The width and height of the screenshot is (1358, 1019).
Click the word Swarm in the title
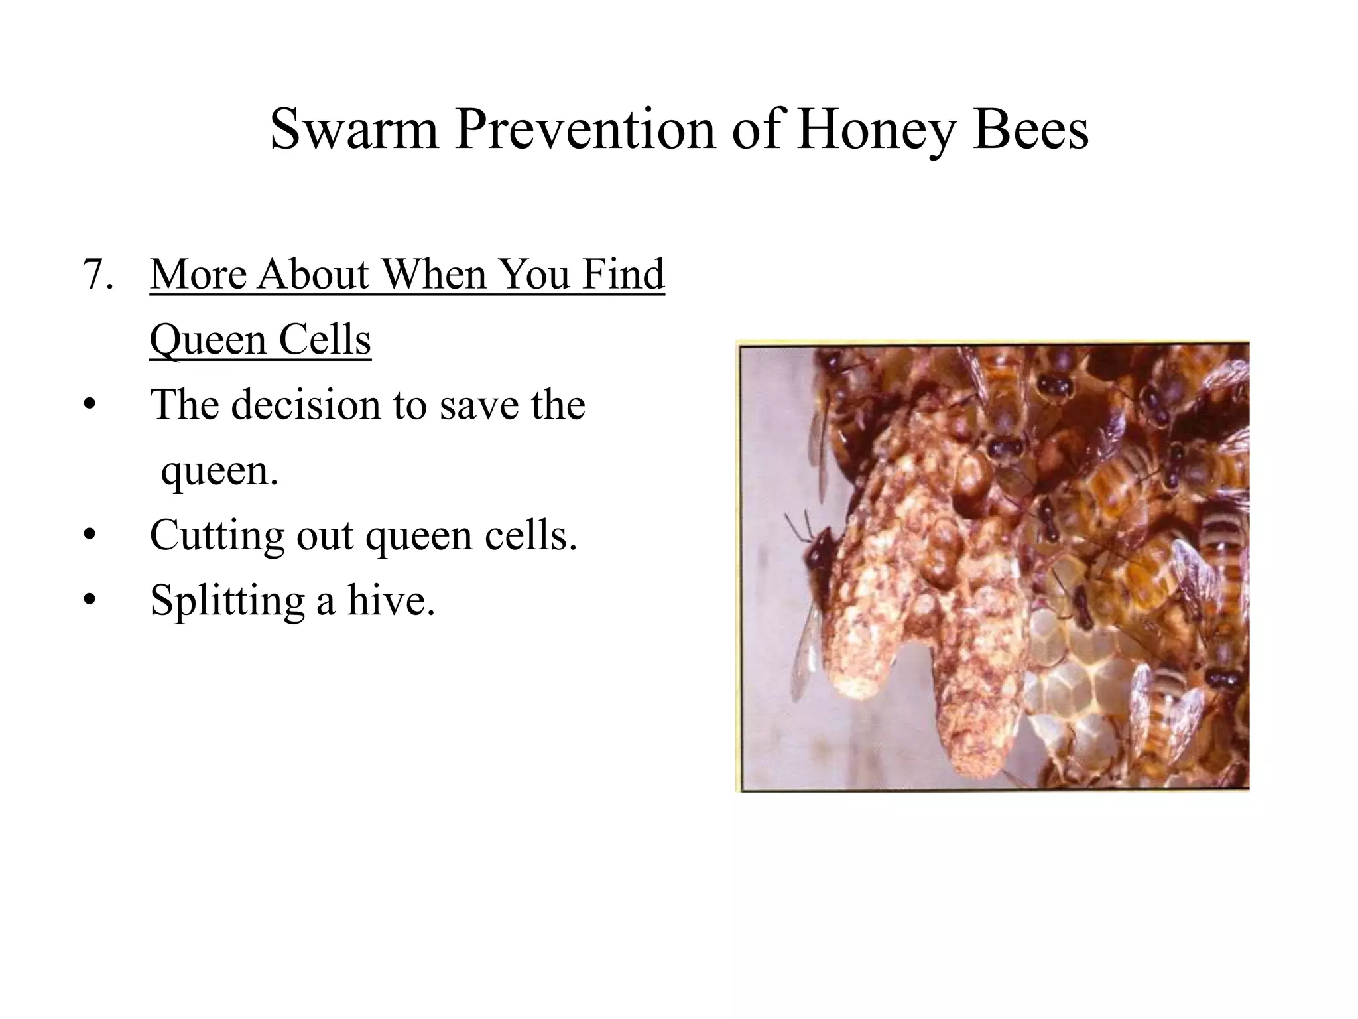pos(354,129)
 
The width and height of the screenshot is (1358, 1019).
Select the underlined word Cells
pos(324,339)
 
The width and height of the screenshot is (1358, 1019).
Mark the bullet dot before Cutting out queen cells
pos(90,535)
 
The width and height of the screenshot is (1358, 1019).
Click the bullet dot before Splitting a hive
pos(90,600)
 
